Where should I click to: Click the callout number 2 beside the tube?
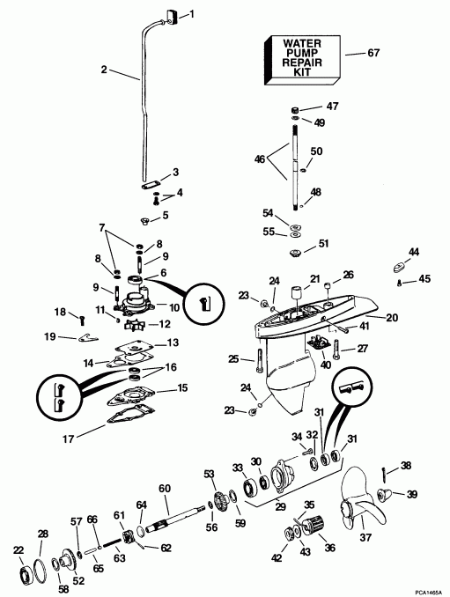click(104, 70)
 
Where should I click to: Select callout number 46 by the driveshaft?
click(259, 159)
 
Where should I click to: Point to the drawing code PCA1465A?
click(424, 586)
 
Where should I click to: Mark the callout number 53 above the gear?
click(209, 475)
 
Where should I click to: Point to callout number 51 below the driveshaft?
click(324, 244)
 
